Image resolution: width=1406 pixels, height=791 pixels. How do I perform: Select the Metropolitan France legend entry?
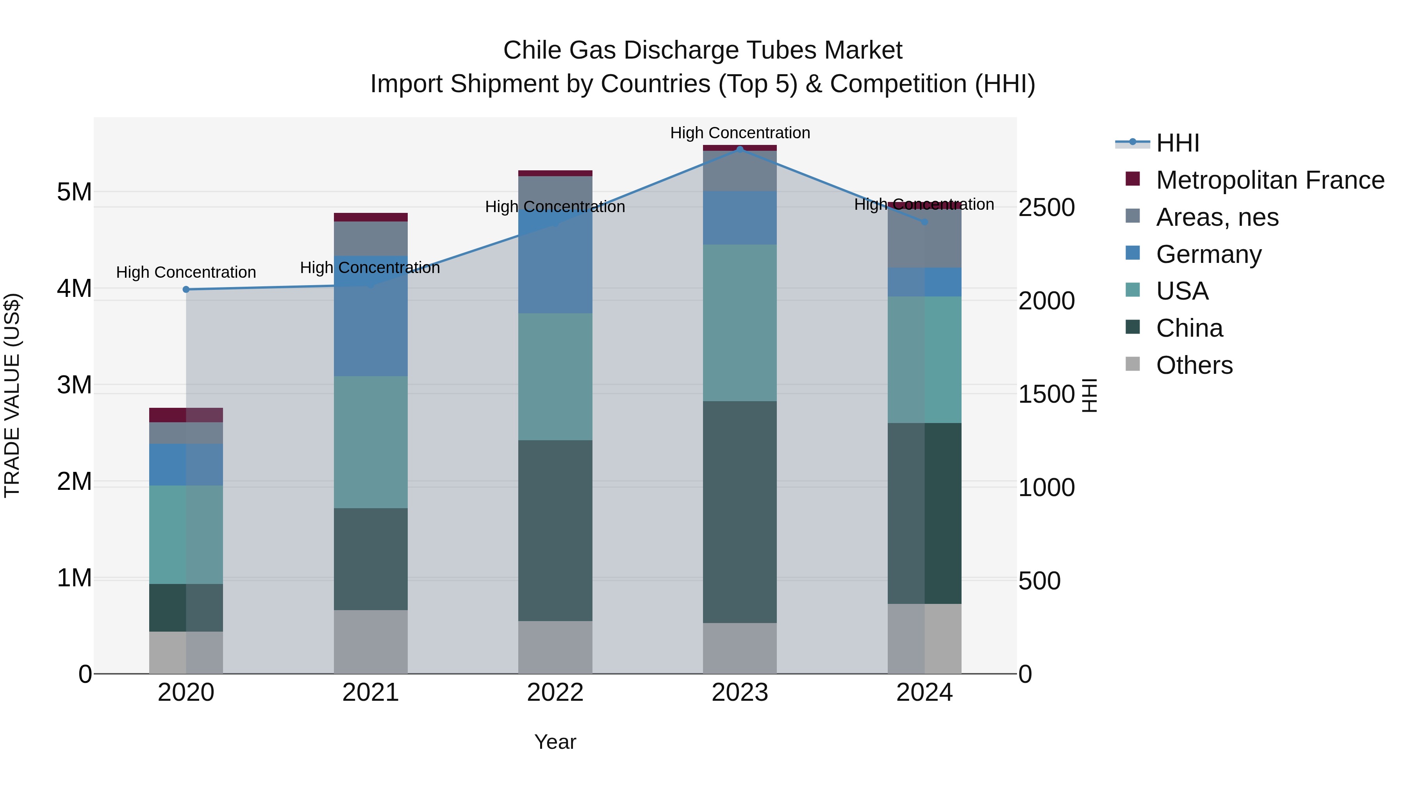(x=1270, y=180)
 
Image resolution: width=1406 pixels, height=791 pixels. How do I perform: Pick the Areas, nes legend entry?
(x=1217, y=217)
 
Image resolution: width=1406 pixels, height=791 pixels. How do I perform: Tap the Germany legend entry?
(x=1208, y=254)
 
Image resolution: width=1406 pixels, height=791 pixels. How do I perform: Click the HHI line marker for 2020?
(x=186, y=289)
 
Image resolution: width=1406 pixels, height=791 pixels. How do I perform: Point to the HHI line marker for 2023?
(x=740, y=149)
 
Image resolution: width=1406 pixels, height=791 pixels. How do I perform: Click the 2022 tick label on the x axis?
(x=555, y=693)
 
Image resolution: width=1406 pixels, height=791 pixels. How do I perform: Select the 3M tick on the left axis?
(x=74, y=385)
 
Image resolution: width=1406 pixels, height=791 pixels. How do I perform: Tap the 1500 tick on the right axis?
(x=1046, y=394)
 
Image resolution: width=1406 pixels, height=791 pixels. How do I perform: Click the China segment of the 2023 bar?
(x=740, y=512)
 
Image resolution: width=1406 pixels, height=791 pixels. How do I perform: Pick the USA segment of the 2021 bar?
(x=371, y=442)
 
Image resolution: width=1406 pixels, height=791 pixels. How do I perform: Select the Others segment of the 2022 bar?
(x=555, y=647)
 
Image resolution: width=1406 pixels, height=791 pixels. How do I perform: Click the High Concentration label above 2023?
(x=740, y=133)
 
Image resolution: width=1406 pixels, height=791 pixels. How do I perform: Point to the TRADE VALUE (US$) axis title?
(x=12, y=395)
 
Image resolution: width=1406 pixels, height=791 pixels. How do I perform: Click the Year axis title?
(x=555, y=742)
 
